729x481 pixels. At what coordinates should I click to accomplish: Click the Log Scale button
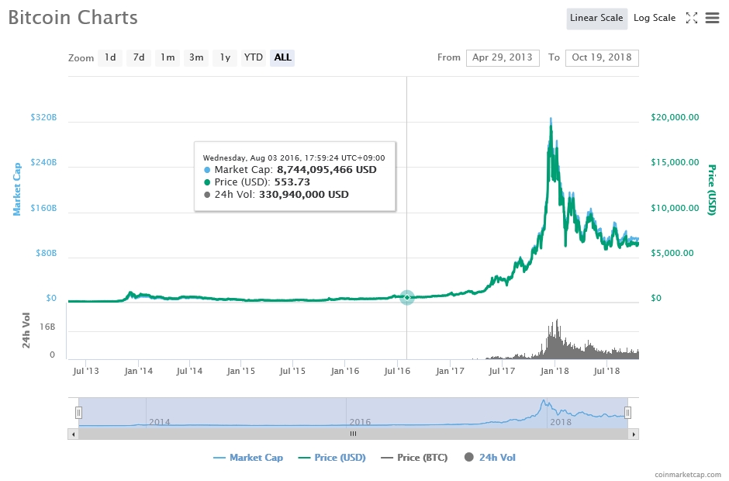(654, 18)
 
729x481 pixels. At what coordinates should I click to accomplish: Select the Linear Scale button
(596, 18)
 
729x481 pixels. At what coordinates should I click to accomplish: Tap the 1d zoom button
(110, 57)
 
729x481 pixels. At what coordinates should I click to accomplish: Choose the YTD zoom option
(253, 57)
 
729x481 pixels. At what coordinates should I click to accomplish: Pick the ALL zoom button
(282, 57)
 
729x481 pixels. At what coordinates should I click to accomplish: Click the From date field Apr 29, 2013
(503, 57)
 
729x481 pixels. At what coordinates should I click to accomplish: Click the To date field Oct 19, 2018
(602, 57)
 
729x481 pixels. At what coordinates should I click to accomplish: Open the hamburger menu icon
(712, 18)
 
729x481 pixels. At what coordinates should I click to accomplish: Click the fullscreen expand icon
(692, 18)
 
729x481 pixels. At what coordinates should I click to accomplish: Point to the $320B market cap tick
(43, 118)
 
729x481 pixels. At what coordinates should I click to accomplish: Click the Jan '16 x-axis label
(345, 371)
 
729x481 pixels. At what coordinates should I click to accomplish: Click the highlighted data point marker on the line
(407, 297)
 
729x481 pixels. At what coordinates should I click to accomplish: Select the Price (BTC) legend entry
(414, 458)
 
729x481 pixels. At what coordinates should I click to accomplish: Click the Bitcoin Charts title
(73, 17)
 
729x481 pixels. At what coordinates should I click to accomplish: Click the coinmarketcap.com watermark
(686, 473)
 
